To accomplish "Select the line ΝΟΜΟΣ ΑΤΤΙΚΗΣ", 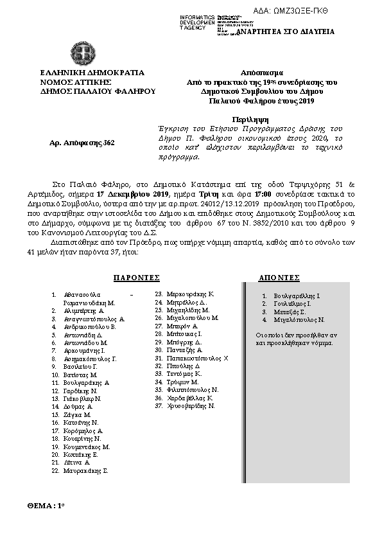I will [76, 82].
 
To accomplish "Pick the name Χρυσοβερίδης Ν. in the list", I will [191, 406].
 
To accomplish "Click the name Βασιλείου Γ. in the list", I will [84, 366].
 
